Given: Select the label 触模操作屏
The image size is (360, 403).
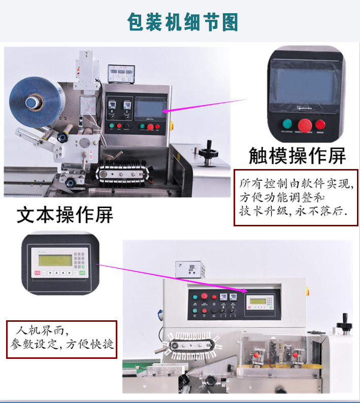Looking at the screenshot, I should pyautogui.click(x=297, y=156).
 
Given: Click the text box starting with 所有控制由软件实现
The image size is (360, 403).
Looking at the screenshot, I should pyautogui.click(x=296, y=197).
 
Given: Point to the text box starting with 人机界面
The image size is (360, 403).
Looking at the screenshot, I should pyautogui.click(x=61, y=339).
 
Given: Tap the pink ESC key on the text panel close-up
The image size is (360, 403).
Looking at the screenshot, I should pyautogui.click(x=37, y=273).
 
